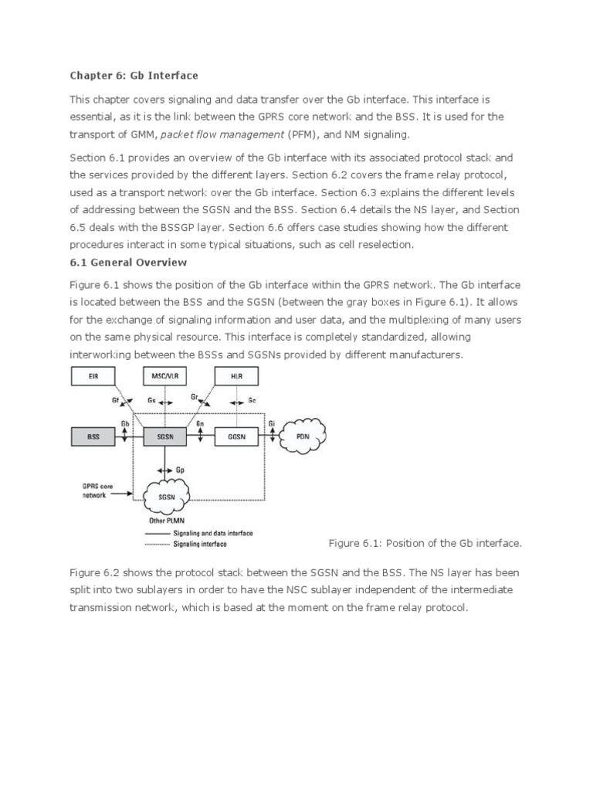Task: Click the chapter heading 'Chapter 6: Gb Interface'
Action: [x=134, y=76]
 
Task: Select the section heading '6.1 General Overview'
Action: [x=128, y=263]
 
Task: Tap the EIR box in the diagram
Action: [x=93, y=376]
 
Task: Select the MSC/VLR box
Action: [x=166, y=376]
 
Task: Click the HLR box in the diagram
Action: [x=236, y=376]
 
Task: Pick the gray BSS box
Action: [x=93, y=436]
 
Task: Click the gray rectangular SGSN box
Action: [x=165, y=436]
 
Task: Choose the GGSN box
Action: [x=236, y=436]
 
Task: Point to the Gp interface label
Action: [x=181, y=470]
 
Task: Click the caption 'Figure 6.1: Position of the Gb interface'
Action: [x=425, y=543]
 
